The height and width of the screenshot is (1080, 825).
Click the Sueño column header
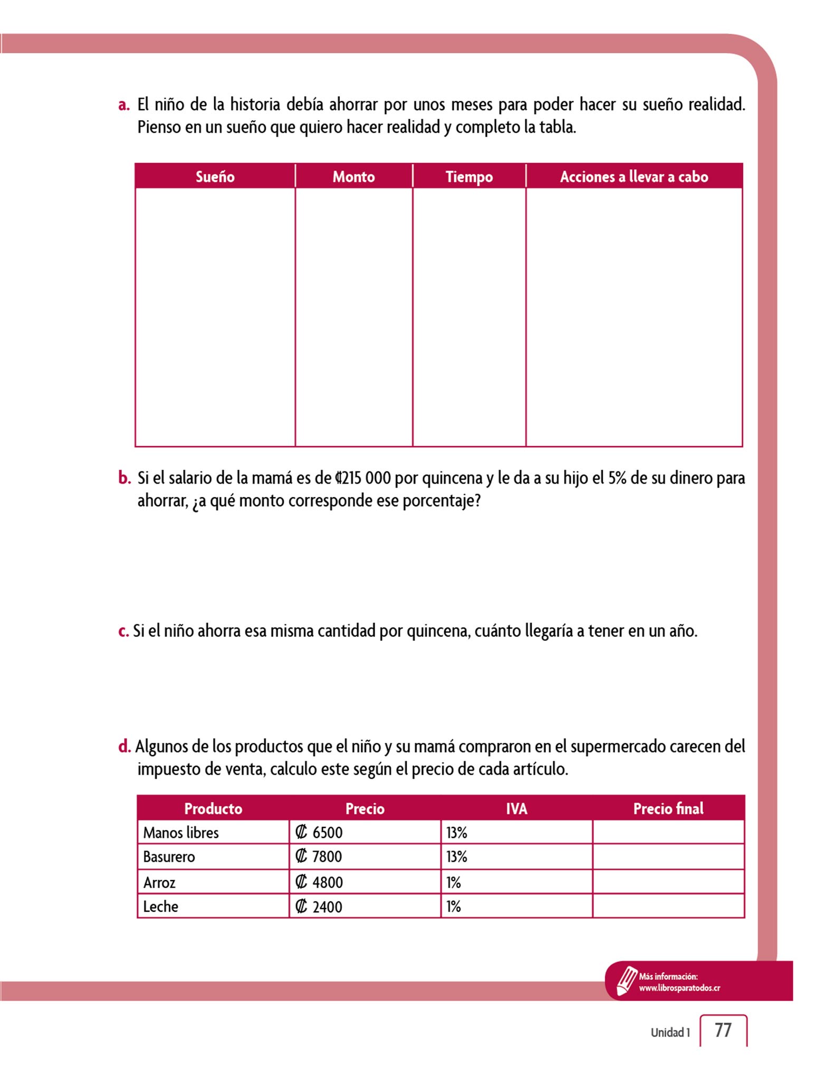click(215, 177)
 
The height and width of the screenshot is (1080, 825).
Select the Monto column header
click(353, 177)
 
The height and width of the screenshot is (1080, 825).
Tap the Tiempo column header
click(469, 177)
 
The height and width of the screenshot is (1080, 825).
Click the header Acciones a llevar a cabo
click(634, 177)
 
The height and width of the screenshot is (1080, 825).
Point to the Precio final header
click(668, 808)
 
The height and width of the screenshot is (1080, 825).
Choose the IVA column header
click(516, 808)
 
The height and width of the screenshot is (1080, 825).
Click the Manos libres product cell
click(181, 833)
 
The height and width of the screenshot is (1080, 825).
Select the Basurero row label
click(169, 856)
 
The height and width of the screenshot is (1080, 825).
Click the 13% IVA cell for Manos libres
click(457, 833)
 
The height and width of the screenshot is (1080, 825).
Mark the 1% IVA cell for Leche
click(454, 907)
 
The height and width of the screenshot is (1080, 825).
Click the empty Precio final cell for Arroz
click(668, 882)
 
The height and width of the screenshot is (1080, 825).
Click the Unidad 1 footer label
click(670, 1032)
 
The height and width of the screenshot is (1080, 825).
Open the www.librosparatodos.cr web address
click(679, 988)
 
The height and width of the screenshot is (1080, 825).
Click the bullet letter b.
click(124, 478)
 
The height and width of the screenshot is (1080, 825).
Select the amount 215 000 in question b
click(363, 478)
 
